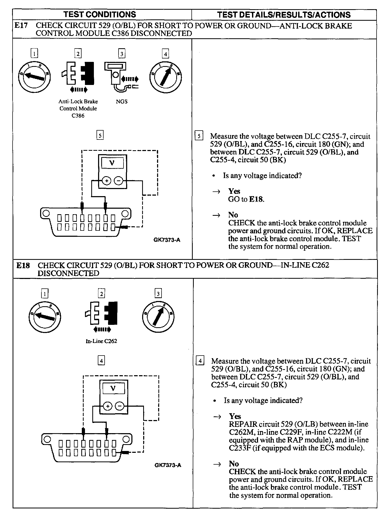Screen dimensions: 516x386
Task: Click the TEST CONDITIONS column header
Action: [x=100, y=14]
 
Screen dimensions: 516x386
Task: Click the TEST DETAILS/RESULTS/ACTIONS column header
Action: [x=284, y=15]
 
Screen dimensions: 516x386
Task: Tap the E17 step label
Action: [x=21, y=26]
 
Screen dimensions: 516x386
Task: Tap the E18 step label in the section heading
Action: [x=23, y=265]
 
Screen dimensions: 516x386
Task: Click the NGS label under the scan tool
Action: [x=122, y=101]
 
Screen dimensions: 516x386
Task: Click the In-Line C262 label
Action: [x=101, y=341]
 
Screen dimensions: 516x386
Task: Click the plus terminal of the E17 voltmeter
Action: [x=106, y=181]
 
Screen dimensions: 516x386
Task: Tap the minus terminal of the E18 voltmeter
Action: [x=120, y=406]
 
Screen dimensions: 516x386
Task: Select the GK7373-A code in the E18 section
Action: [x=168, y=465]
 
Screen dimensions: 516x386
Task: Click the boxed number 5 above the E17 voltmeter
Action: [x=100, y=135]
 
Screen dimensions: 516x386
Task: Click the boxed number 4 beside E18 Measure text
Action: [x=200, y=361]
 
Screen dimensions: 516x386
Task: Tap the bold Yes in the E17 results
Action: [x=234, y=191]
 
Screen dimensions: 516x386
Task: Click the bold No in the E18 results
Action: [x=234, y=464]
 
